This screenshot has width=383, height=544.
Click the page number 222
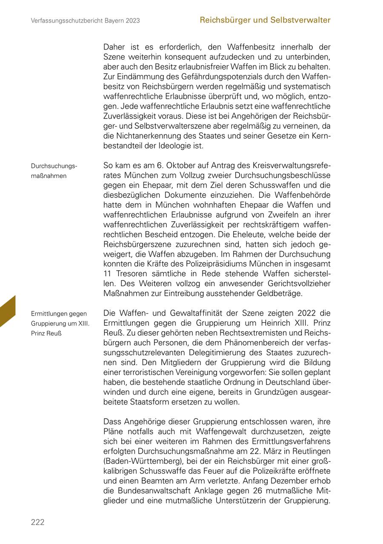pyautogui.click(x=37, y=522)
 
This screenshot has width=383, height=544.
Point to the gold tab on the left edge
pyautogui.click(x=7, y=311)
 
